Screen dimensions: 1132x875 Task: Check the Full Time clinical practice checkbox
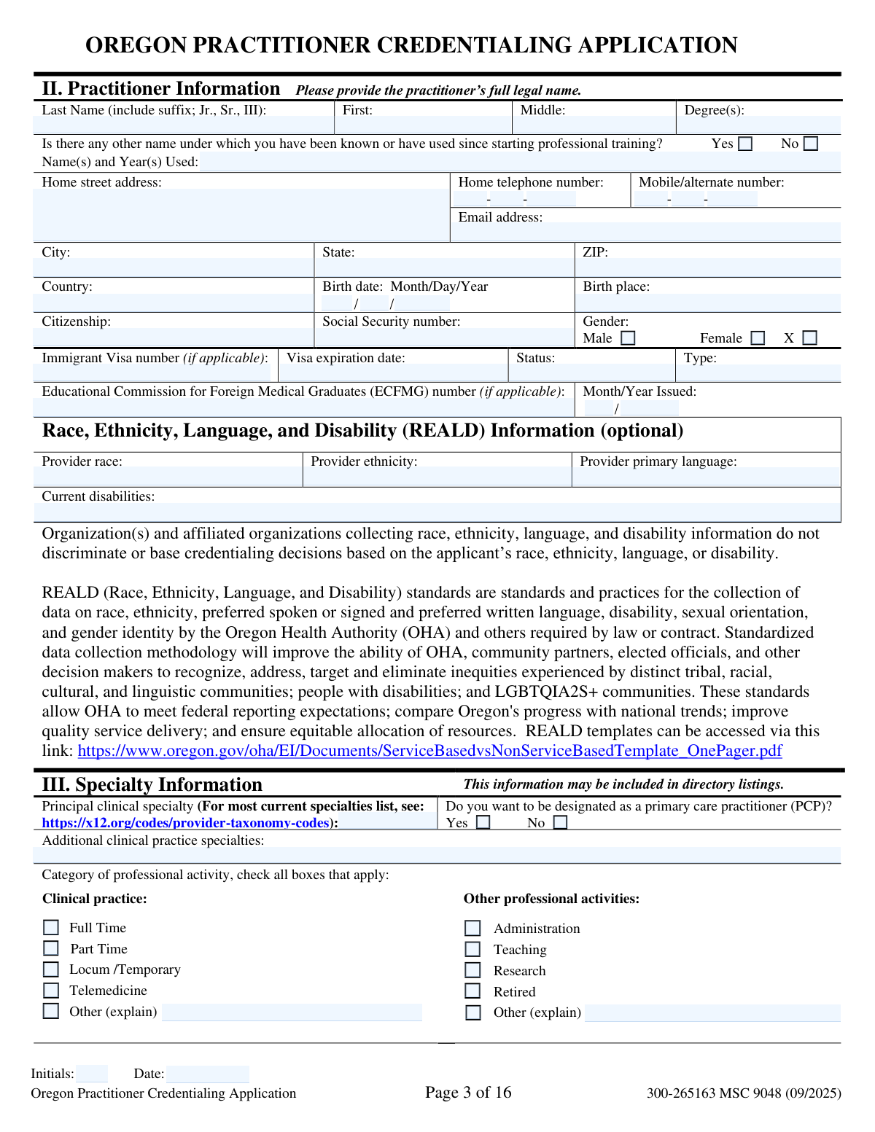click(51, 927)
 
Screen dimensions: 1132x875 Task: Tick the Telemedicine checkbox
click(51, 990)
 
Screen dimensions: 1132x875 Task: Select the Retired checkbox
click(473, 991)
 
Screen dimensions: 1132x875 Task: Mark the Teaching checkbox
click(473, 949)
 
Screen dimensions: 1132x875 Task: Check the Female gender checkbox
click(758, 338)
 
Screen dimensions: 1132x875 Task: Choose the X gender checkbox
click(810, 338)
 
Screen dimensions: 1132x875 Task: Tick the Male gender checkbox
click(628, 338)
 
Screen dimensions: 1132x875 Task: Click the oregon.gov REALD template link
click(429, 751)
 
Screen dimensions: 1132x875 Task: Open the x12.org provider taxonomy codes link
click(185, 823)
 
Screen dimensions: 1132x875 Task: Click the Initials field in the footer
click(92, 1074)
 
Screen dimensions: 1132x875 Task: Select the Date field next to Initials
click(208, 1074)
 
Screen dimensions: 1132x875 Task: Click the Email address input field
click(645, 233)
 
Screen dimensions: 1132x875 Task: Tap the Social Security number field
click(443, 337)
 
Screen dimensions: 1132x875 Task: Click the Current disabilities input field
click(437, 512)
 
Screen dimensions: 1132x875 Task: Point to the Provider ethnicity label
click(364, 461)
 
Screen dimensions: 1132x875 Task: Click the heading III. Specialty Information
click(152, 784)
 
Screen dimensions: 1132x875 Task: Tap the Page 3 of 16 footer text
click(468, 1092)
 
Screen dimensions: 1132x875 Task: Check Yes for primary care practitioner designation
click(483, 822)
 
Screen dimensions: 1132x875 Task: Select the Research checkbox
click(473, 970)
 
